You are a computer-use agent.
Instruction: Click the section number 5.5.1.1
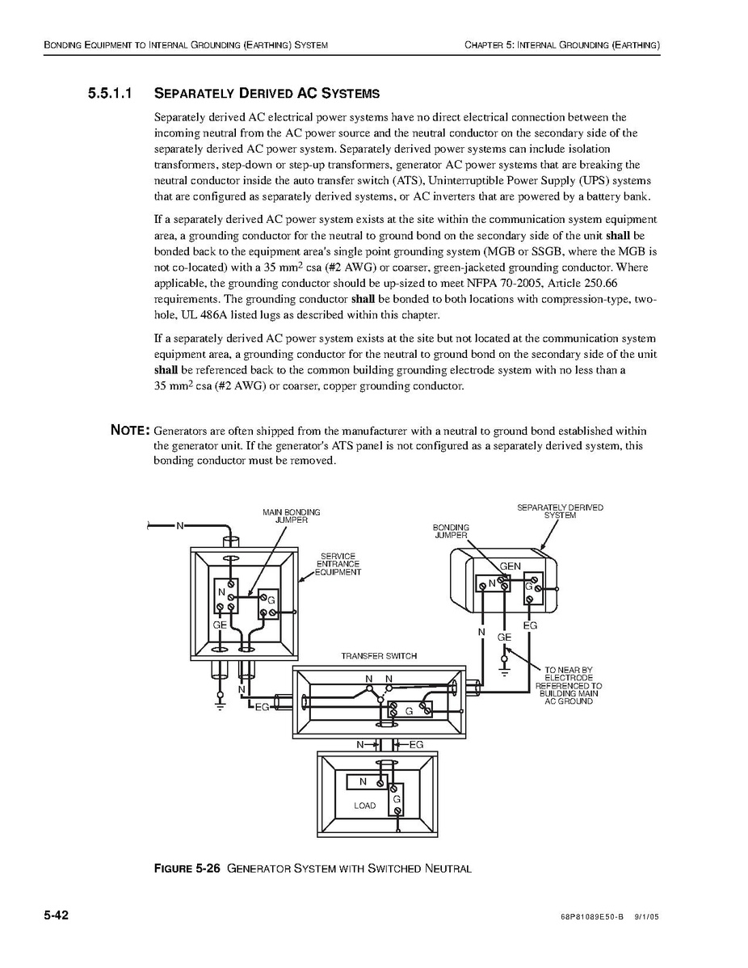coord(116,94)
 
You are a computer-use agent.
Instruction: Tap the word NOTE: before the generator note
coord(129,431)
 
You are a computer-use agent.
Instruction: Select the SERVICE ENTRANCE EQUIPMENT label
coord(338,564)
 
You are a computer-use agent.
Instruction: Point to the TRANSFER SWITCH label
coord(379,656)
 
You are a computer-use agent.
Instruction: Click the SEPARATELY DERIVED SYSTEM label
coord(560,511)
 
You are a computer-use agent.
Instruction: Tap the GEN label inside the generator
coord(511,566)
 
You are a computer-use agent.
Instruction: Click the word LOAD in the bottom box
coord(364,806)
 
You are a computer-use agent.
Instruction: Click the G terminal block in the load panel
coord(397,799)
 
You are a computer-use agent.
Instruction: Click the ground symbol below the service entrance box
coord(220,703)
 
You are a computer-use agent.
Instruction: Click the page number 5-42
coord(57,915)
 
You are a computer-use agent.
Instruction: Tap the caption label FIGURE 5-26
coord(187,869)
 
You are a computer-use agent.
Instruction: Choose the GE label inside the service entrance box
coord(220,625)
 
